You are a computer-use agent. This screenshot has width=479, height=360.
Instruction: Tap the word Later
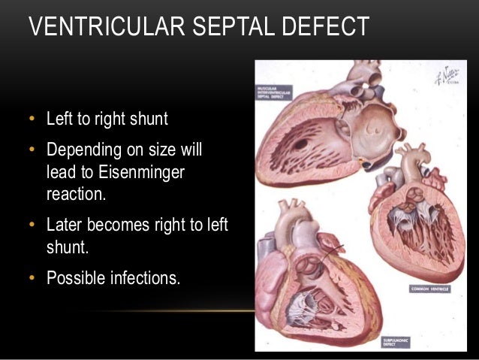click(64, 225)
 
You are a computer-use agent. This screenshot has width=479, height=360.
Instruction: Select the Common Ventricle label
click(429, 288)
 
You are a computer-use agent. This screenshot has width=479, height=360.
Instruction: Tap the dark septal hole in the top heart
click(301, 142)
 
